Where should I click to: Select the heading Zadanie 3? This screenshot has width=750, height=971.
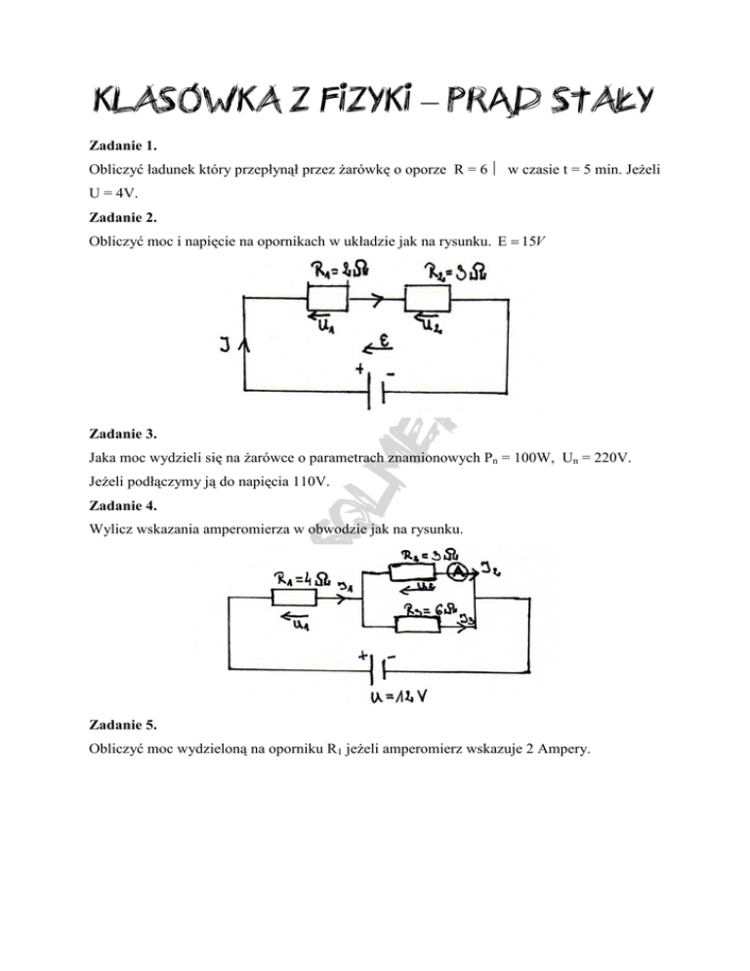pyautogui.click(x=118, y=433)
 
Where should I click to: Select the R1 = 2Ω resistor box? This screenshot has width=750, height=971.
pyautogui.click(x=328, y=297)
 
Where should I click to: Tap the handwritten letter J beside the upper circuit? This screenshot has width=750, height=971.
pyautogui.click(x=228, y=345)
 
